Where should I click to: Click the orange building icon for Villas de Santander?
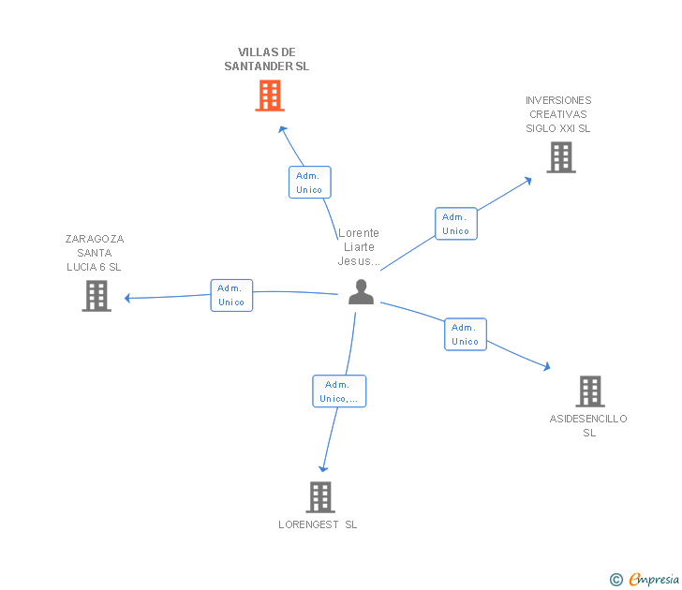[270, 96]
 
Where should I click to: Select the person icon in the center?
[361, 292]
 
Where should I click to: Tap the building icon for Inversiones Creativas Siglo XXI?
[560, 157]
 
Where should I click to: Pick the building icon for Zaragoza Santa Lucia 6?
[96, 296]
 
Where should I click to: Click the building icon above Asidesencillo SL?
[589, 391]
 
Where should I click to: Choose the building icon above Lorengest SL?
[320, 497]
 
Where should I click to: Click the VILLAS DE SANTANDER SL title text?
[267, 59]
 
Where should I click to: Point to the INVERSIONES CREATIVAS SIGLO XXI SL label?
[558, 114]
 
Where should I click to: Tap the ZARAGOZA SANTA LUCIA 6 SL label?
[95, 253]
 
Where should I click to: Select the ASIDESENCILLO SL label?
[588, 425]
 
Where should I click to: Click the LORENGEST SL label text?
[318, 524]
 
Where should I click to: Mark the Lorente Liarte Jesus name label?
[359, 247]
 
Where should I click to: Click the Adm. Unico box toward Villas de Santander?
[309, 183]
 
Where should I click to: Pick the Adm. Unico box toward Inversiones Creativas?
[455, 224]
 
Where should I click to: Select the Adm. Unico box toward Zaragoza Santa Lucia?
[231, 295]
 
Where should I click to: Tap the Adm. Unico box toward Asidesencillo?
[465, 334]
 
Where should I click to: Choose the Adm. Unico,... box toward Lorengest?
[338, 391]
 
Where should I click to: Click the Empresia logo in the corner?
[654, 580]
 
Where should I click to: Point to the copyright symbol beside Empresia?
[616, 580]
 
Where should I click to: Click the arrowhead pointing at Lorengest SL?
[324, 467]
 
